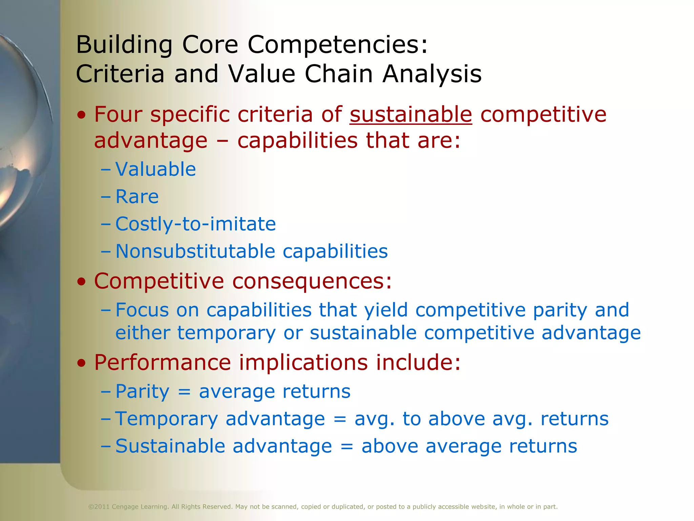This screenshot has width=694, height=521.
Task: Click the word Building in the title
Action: pos(124,45)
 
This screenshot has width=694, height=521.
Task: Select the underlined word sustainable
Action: pos(411,114)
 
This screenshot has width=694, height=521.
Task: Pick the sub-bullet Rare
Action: pos(137,196)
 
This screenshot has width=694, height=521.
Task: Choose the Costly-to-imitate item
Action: pos(196,224)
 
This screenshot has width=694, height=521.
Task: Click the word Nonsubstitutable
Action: pos(195,251)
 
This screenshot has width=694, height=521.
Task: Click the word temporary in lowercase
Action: pos(226,333)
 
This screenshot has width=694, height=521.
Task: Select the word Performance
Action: pos(162,362)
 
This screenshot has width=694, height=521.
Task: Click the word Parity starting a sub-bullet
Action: pos(142,392)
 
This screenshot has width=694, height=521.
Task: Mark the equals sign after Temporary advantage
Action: pos(340,419)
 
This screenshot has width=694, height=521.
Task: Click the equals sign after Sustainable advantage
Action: pos(347,446)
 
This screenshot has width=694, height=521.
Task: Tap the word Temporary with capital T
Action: pos(166,419)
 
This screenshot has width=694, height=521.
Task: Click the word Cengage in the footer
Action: pos(125,507)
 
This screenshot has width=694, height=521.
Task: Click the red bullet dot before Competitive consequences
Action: pos(81,282)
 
